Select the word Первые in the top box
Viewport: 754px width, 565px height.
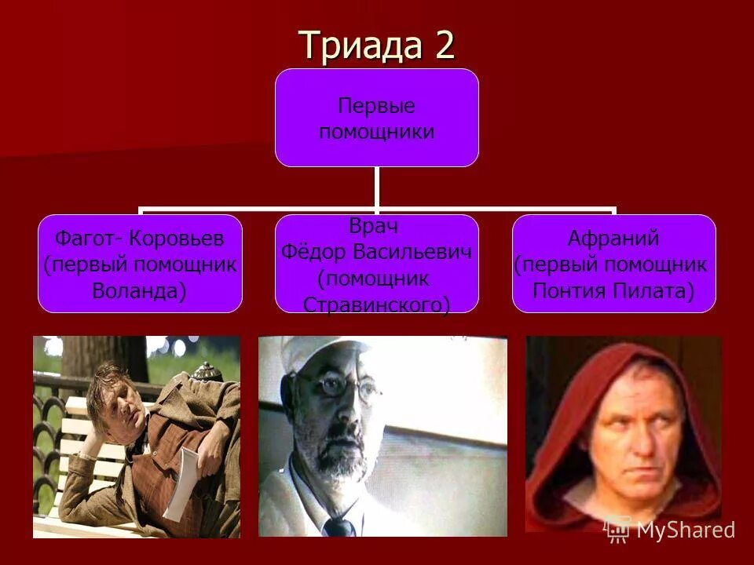click(x=376, y=106)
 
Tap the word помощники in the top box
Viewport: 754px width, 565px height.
click(x=376, y=131)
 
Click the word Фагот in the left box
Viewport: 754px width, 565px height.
click(x=77, y=239)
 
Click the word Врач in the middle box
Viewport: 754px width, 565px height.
click(x=374, y=226)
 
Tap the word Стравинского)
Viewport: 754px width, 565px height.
click(x=376, y=304)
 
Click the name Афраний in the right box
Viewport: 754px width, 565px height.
click(x=613, y=239)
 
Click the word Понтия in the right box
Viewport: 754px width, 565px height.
click(x=568, y=291)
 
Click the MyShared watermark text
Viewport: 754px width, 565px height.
click(x=686, y=530)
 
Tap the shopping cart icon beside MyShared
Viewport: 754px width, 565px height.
click(x=618, y=530)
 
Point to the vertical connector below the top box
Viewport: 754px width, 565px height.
click(x=376, y=188)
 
